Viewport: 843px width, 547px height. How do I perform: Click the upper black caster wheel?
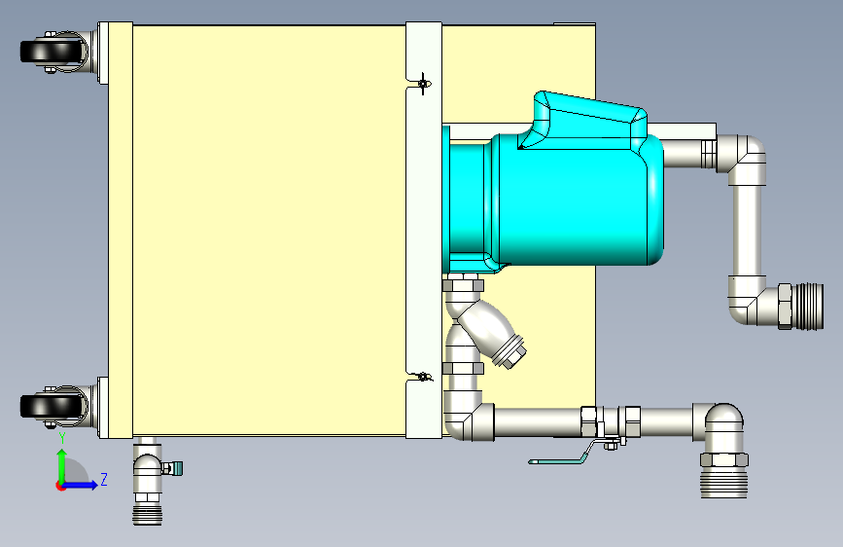tap(53, 52)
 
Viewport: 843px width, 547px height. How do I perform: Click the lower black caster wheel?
tap(53, 406)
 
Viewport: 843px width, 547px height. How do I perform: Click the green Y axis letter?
tap(62, 437)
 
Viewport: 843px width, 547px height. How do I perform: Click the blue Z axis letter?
tap(104, 479)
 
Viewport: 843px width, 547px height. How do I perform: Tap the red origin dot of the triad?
tap(60, 486)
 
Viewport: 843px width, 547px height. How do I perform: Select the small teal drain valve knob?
tap(176, 468)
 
